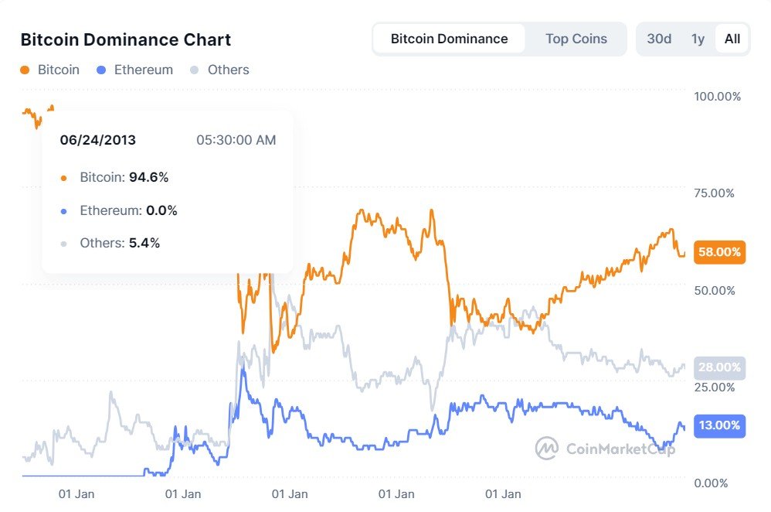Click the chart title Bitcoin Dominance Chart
(125, 39)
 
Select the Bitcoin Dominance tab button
(449, 39)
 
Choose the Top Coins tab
(576, 39)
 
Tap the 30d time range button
(658, 39)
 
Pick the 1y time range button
(698, 39)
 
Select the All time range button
(732, 39)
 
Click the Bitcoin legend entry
(50, 70)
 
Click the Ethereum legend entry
(135, 70)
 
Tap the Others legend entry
(220, 70)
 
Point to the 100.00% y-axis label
(717, 97)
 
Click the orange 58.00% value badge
(719, 252)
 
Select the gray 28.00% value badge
(719, 368)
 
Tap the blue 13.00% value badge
(719, 425)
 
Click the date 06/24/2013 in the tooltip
(98, 140)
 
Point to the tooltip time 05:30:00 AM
(236, 140)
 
